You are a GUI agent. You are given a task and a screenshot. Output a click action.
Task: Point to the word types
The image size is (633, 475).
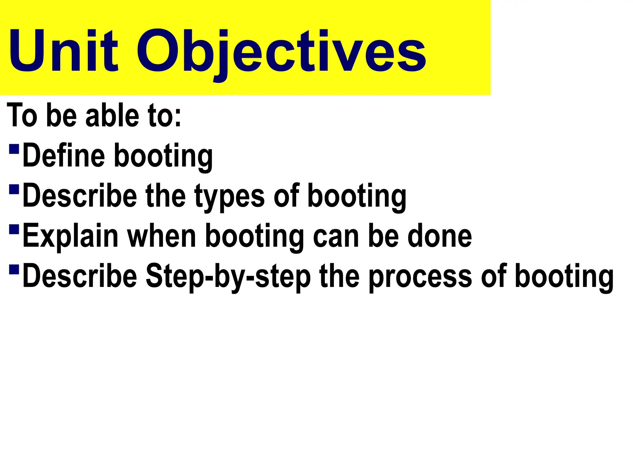tap(229, 196)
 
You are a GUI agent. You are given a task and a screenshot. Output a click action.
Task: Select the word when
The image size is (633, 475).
tap(162, 236)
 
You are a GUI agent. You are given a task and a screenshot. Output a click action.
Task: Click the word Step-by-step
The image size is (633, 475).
tap(228, 276)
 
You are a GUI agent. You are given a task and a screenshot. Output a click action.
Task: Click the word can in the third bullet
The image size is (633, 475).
tap(336, 236)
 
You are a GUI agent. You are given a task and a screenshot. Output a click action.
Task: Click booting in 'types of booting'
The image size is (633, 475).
tap(357, 196)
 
